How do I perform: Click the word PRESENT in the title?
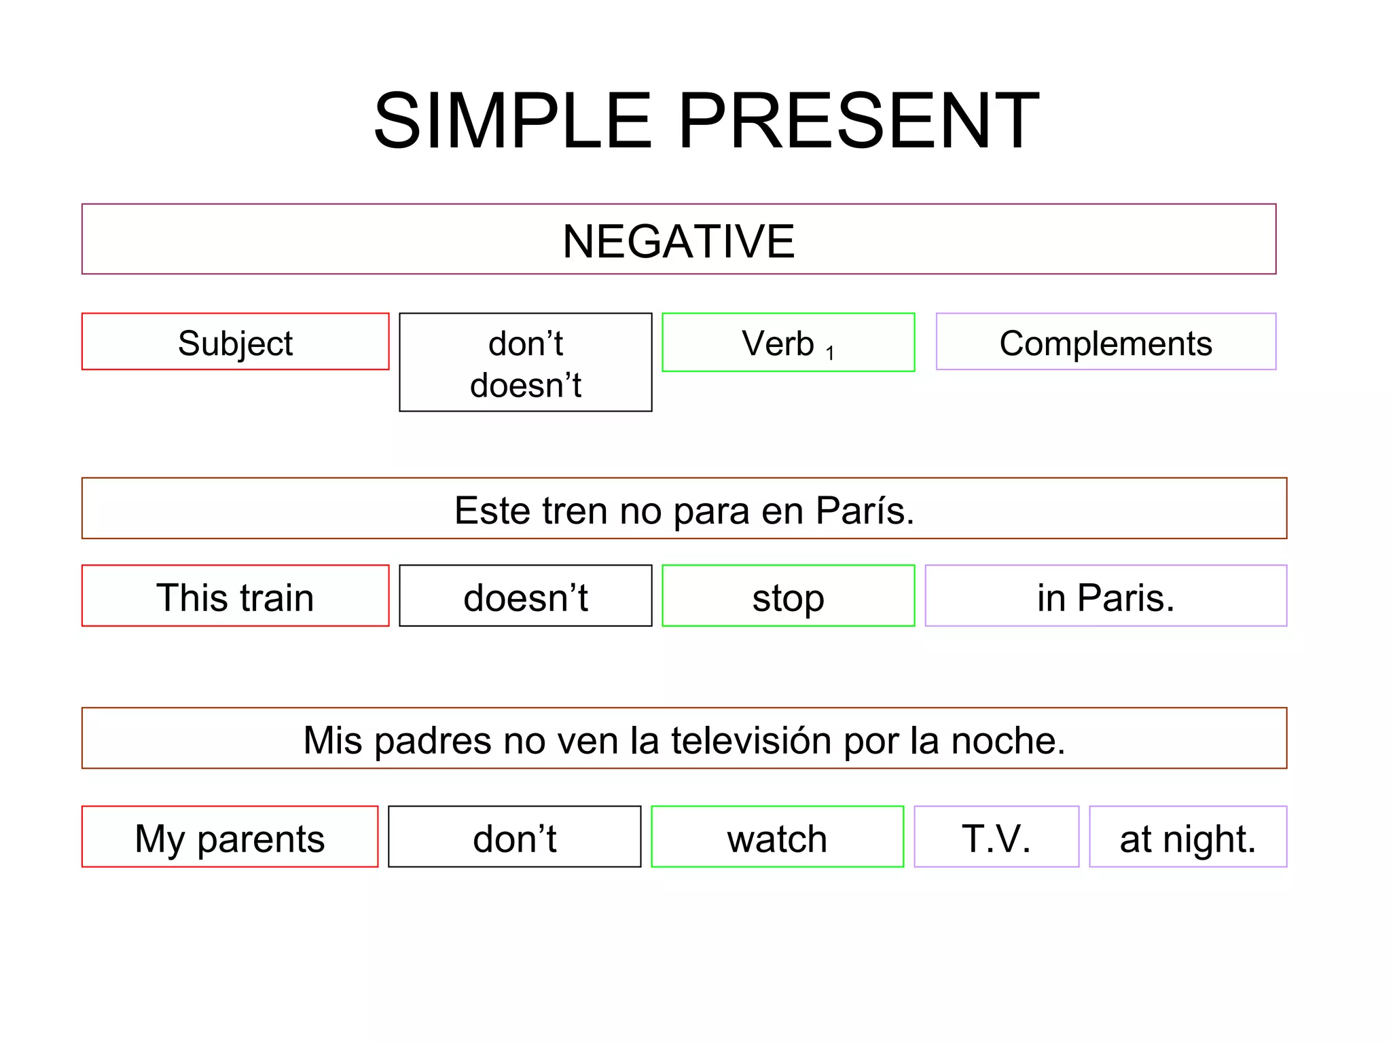pyautogui.click(x=858, y=121)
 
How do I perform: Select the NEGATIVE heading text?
pyautogui.click(x=678, y=241)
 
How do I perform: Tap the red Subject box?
pyautogui.click(x=235, y=342)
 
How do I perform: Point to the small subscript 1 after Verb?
pyautogui.click(x=830, y=353)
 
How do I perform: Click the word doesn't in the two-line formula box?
pyautogui.click(x=526, y=385)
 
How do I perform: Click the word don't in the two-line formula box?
pyautogui.click(x=526, y=344)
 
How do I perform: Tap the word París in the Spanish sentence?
pyautogui.click(x=865, y=511)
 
